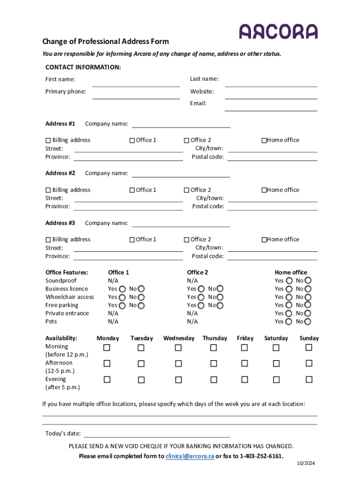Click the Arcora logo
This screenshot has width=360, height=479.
(x=278, y=31)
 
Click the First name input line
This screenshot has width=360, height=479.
(x=136, y=83)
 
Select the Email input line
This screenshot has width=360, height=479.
(x=271, y=108)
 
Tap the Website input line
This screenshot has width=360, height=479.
(x=271, y=95)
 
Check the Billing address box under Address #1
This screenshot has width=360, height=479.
(x=48, y=140)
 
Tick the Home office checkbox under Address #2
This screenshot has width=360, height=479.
(x=264, y=190)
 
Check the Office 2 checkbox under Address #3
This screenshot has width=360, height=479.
(x=187, y=239)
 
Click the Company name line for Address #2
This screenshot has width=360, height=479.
(x=181, y=174)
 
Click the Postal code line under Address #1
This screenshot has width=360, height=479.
(x=272, y=158)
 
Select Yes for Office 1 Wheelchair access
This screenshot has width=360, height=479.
(x=122, y=297)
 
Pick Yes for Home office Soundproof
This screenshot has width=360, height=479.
(x=289, y=281)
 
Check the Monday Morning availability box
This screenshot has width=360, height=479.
(x=107, y=348)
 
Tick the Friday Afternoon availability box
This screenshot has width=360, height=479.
(x=245, y=363)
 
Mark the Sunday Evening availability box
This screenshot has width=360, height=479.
(x=309, y=379)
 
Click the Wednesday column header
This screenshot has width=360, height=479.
(x=179, y=338)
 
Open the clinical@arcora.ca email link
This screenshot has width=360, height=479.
(x=190, y=456)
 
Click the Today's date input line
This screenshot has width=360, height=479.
(x=157, y=435)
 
